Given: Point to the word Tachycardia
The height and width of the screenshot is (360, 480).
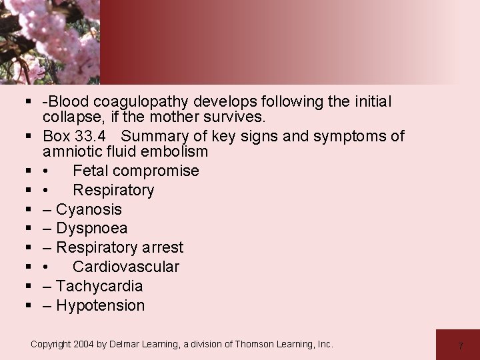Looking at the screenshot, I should click(99, 287).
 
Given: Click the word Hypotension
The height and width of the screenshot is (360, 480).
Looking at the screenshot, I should click(100, 306).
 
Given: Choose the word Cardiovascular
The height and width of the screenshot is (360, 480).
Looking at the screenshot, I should click(126, 267).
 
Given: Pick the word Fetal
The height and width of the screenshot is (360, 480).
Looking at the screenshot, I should click(89, 171).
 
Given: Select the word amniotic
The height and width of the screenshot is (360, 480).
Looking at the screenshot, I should click(70, 151).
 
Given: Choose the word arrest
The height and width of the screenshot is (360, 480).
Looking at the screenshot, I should click(159, 248).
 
